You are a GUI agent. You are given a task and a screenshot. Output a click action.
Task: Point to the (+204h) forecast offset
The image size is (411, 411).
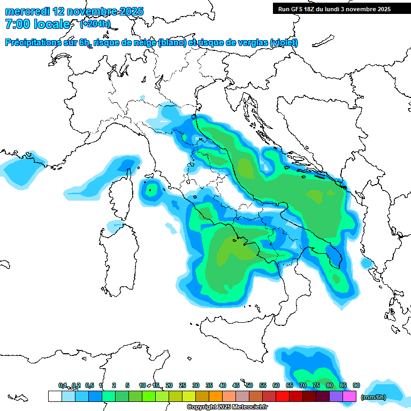coord(95,24)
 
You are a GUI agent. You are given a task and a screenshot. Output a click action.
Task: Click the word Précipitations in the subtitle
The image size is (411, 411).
coord(35,42)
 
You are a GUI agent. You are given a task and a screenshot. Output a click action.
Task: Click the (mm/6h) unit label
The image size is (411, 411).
coord(374,397)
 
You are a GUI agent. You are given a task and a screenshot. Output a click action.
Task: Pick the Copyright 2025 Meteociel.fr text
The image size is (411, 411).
coord(227,407)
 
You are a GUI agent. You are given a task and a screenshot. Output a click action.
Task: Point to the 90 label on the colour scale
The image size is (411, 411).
coord(356,385)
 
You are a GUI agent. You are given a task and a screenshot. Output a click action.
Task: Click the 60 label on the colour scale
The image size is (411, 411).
coord(276,385)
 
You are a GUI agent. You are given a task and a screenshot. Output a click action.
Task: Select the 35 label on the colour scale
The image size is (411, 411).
coord(209,385)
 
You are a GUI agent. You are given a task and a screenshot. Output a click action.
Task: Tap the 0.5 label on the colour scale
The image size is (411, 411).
coord(89,385)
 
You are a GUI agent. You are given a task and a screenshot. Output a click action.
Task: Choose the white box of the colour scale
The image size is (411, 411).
coord(55,396)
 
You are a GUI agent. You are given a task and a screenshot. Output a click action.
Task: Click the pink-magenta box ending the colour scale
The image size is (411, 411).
coord(349,396)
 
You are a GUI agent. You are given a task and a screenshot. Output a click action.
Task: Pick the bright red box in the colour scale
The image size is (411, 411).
coord(283,396)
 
